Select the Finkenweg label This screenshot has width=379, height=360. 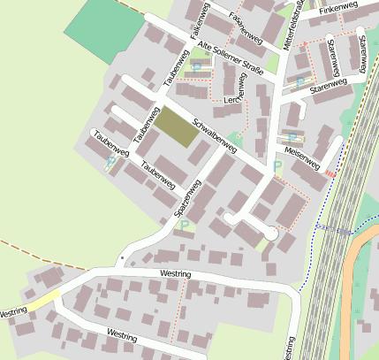click(x=338, y=10)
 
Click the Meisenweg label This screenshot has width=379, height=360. click(x=302, y=158)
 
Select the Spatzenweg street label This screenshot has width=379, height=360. click(x=187, y=198)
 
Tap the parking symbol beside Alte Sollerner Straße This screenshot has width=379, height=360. click(x=196, y=66)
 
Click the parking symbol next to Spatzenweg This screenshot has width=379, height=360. click(x=184, y=226)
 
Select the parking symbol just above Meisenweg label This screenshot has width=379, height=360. click(x=292, y=137)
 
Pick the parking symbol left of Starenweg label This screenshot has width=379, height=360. click(x=300, y=82)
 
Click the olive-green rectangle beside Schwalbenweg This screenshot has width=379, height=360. click(x=177, y=130)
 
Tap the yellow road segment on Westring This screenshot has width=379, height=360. click(x=44, y=300)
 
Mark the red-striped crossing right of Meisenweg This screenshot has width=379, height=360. click(x=331, y=174)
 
